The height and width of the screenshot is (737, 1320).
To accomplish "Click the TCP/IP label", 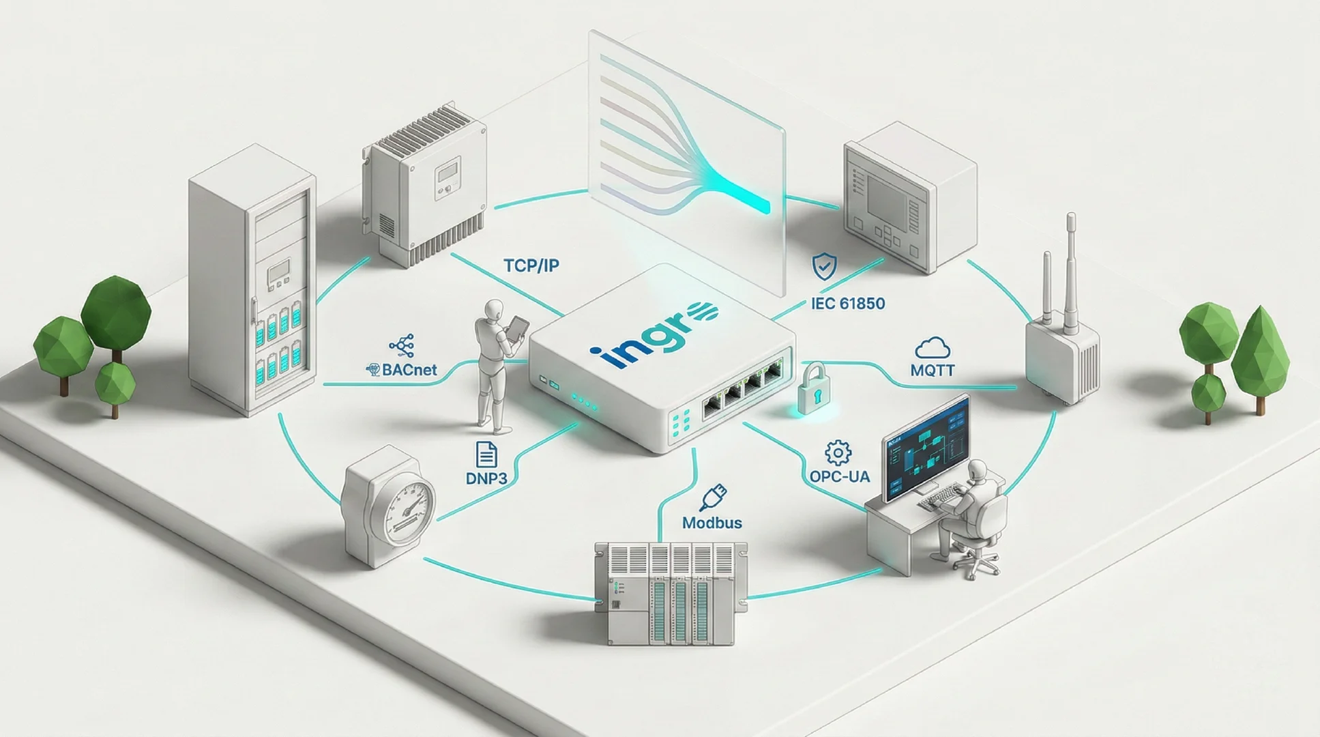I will (x=531, y=265).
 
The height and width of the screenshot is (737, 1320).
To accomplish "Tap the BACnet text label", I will (x=409, y=371).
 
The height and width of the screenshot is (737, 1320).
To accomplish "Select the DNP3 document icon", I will (x=486, y=454).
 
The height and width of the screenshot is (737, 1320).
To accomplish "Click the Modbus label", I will (x=712, y=523).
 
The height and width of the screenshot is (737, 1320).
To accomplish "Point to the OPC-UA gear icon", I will (x=838, y=452).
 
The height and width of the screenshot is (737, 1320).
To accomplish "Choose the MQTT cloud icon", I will (x=932, y=348).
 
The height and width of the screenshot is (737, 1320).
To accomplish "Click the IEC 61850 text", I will (x=848, y=303).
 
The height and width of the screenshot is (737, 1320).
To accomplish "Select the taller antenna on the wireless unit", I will (x=1070, y=273).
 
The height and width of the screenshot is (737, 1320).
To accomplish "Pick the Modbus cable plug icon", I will (x=714, y=497).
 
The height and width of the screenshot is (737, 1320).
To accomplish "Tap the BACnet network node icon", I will (x=402, y=346).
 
